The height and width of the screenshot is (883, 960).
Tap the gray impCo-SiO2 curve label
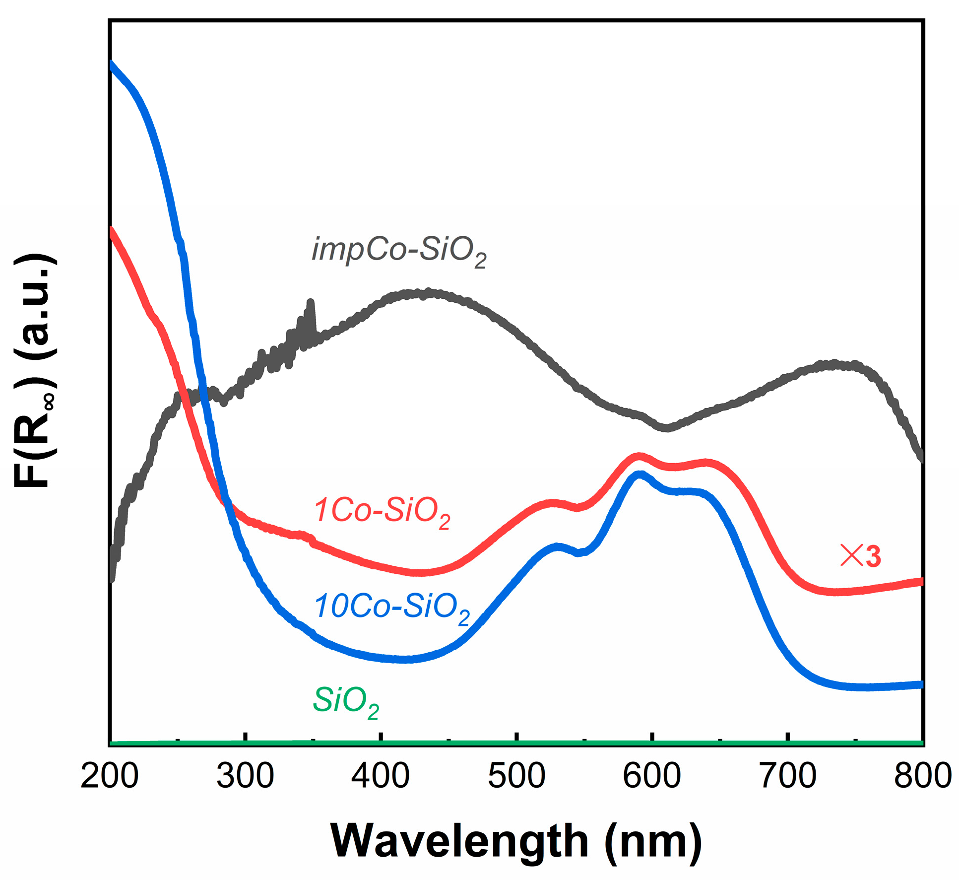[398, 251]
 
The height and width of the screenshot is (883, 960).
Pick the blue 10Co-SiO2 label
[392, 608]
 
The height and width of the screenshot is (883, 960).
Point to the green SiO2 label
[346, 702]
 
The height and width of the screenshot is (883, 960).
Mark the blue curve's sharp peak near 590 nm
[640, 475]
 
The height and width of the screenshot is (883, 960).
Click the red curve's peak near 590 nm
[639, 456]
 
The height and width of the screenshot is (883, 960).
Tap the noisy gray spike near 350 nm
[311, 303]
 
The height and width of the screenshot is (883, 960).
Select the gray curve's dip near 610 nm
[666, 427]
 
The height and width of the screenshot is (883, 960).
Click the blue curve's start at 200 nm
[111, 64]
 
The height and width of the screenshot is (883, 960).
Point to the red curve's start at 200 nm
[111, 230]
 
